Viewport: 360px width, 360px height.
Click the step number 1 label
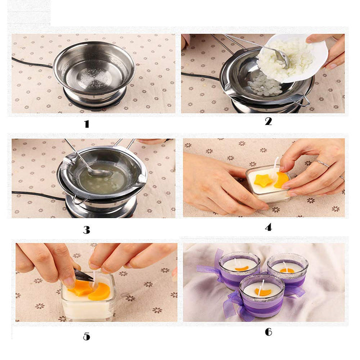pos(86,123)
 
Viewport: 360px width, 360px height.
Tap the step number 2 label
pos(268,121)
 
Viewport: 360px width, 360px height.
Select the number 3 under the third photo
pos(86,229)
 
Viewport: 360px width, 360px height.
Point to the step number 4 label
pos(268,227)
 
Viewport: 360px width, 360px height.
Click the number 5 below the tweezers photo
pos(86,336)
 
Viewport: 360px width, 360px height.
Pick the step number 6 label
pos(268,332)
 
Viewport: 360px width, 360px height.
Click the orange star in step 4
pos(263,180)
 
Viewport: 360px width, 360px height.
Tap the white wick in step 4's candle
pos(275,163)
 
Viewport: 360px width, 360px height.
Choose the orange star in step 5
pos(80,288)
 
